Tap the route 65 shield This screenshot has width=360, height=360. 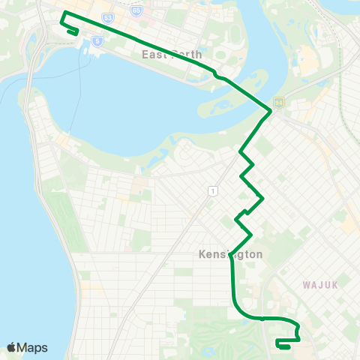136,10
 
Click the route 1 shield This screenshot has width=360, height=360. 213,191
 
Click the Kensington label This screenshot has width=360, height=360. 231,254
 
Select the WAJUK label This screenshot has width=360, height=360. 322,285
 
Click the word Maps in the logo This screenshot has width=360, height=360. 32,347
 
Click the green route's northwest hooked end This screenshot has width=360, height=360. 73,31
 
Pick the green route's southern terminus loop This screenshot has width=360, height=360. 283,344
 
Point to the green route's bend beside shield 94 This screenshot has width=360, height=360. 269,112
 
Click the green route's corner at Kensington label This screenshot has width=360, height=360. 231,253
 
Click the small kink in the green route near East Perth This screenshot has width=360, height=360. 217,76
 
